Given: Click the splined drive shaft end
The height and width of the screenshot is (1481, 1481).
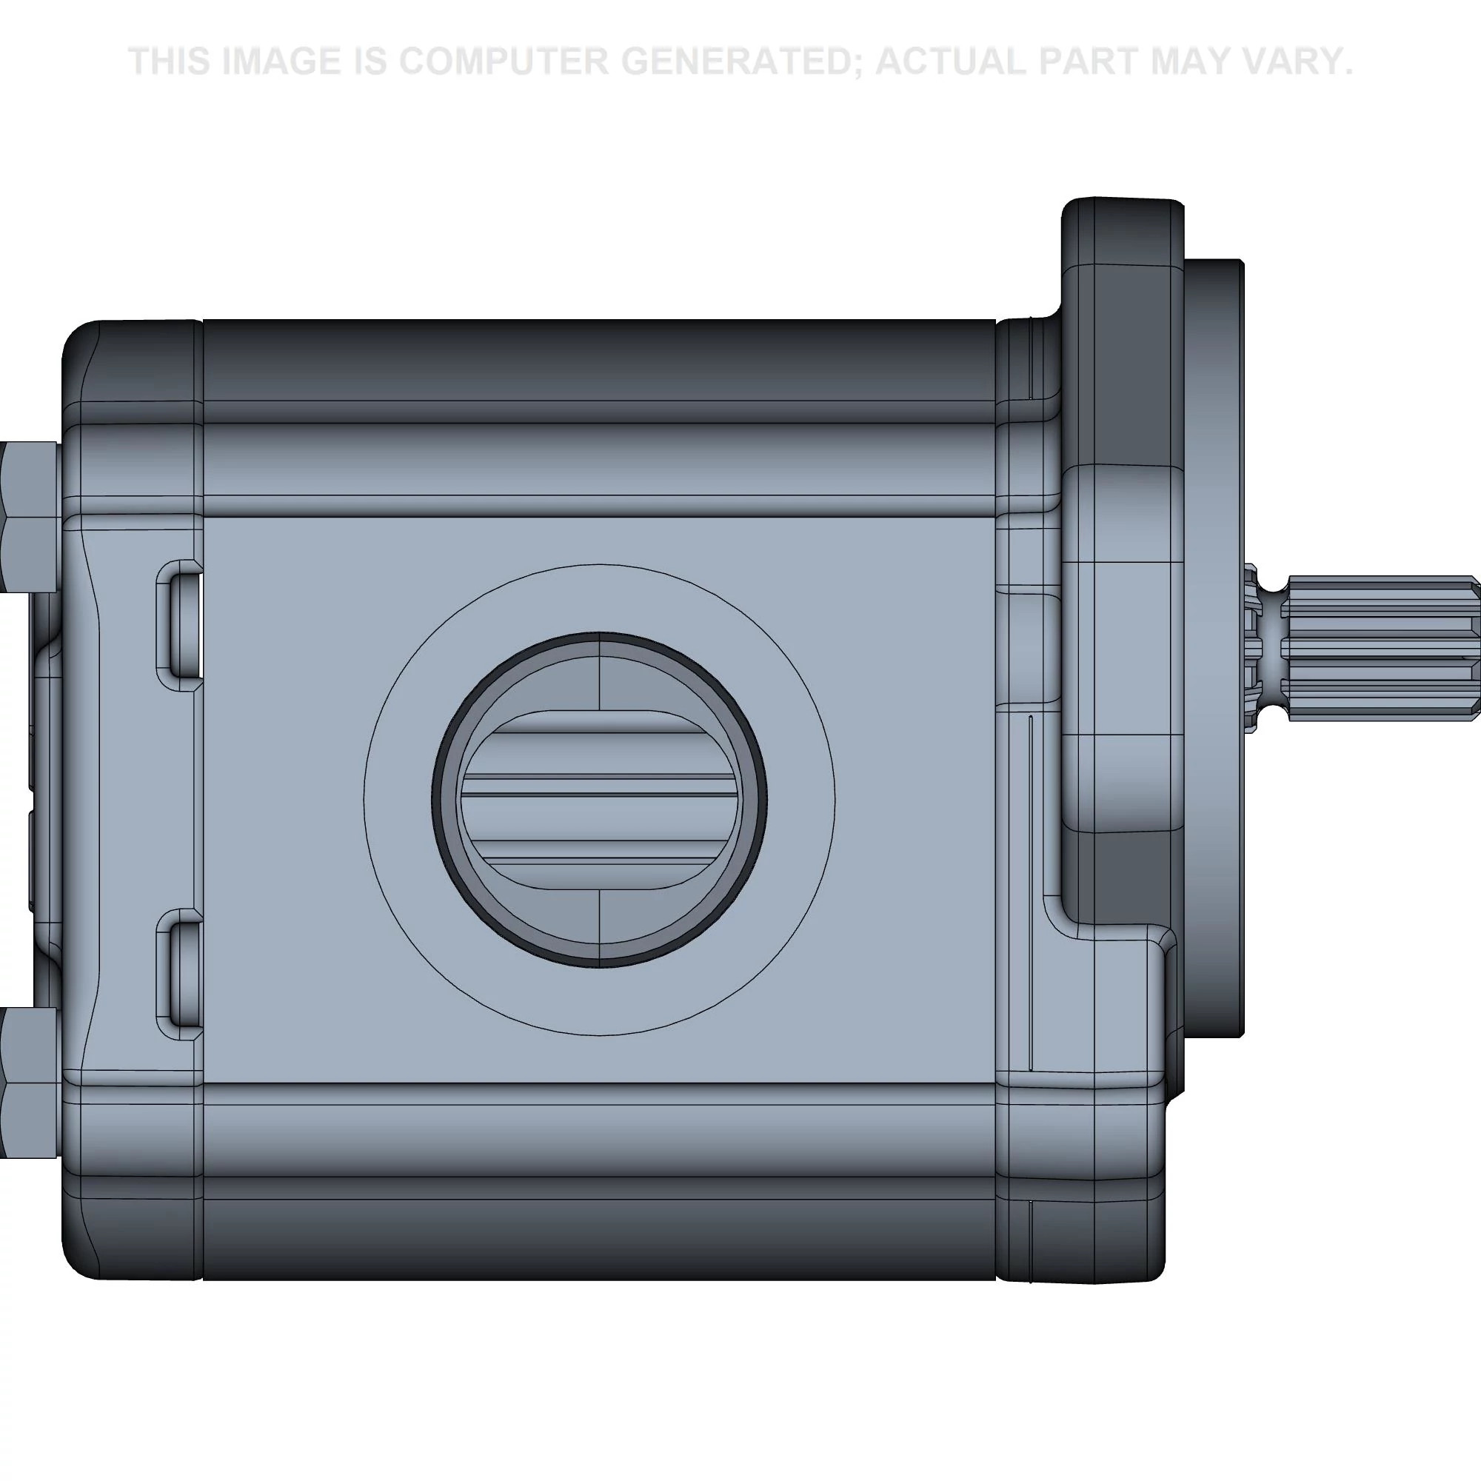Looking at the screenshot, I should (x=1380, y=649).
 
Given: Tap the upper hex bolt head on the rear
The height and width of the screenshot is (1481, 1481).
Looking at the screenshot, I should (x=29, y=518).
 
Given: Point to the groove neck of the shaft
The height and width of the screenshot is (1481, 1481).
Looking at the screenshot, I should (x=1272, y=649).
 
